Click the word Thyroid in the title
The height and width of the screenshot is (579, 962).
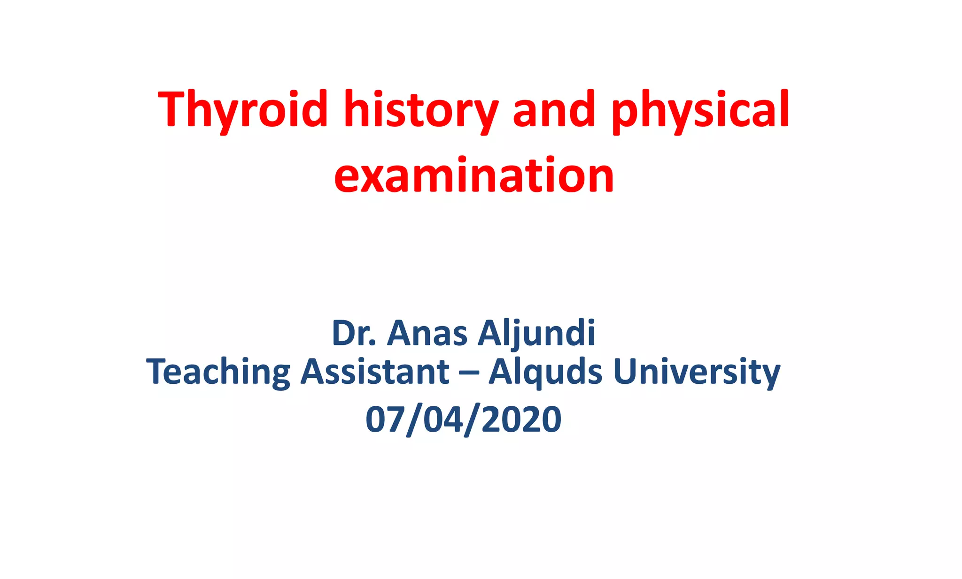[242, 109]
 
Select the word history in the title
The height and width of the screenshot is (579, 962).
[420, 109]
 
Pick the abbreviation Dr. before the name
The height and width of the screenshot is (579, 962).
[354, 333]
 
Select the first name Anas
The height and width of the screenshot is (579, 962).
[427, 333]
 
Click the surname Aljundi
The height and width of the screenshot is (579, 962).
[536, 333]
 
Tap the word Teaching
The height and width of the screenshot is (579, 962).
[218, 372]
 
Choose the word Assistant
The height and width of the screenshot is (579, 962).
[375, 372]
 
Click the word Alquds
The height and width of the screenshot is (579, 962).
[545, 372]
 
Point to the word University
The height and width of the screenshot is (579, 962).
[697, 372]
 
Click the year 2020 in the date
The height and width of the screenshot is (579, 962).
[521, 419]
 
